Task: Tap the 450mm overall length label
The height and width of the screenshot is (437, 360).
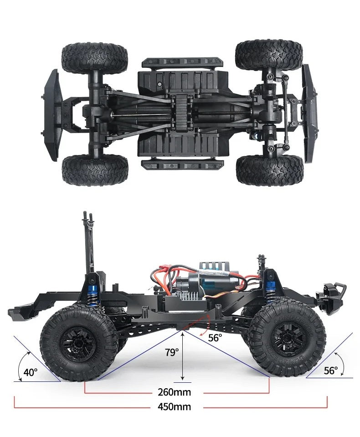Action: pos(174,407)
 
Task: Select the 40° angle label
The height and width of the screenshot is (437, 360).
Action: pos(31,372)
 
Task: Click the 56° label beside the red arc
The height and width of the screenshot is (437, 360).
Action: pos(215,338)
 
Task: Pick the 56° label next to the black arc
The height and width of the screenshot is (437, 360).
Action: pos(331,370)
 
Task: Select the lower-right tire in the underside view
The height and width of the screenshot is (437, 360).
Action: pos(270,170)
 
